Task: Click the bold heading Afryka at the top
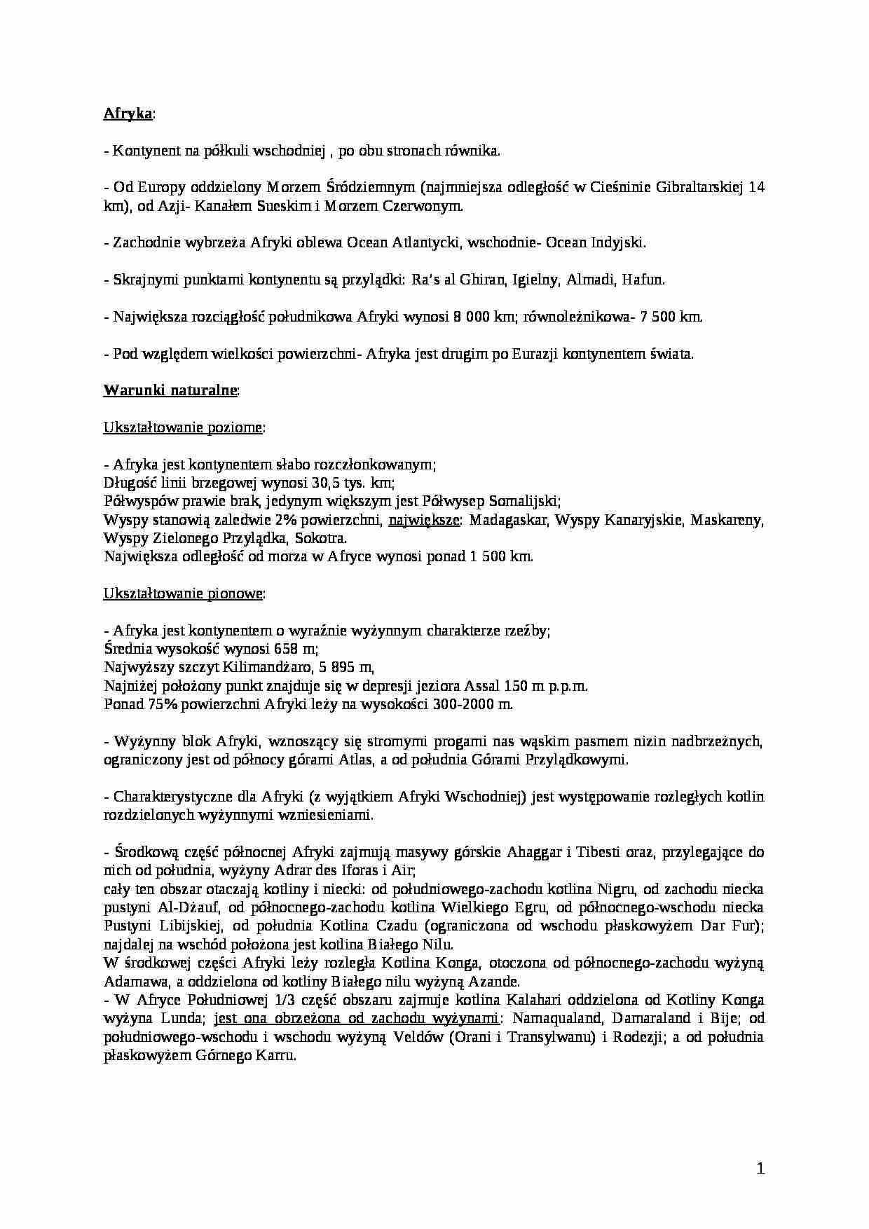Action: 128,114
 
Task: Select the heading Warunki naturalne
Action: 170,390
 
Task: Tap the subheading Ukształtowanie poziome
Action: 183,427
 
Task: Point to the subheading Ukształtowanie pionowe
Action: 183,593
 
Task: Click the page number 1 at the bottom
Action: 760,1169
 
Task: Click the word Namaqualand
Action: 553,1018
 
